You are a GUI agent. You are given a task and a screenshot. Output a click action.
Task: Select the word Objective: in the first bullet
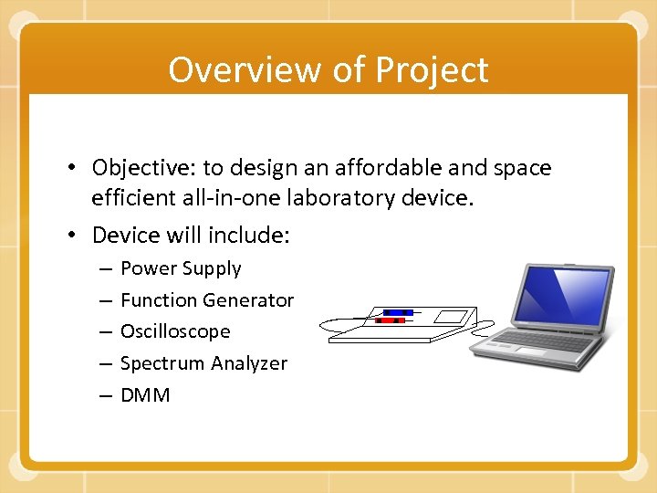(143, 168)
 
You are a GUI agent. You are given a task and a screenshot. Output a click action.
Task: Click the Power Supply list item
(181, 268)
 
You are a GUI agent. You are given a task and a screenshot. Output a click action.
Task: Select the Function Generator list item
(207, 299)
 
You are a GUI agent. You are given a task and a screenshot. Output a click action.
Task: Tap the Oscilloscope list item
(175, 331)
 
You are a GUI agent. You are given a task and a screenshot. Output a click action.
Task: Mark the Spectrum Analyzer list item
(203, 363)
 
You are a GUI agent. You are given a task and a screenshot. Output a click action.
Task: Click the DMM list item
(145, 395)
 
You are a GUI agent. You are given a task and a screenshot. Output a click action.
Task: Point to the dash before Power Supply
(106, 268)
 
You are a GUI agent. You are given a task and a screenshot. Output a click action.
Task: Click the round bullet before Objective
(76, 168)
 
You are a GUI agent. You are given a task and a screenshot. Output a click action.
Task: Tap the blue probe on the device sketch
(397, 312)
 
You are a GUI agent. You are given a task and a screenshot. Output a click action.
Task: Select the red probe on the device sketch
(391, 320)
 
